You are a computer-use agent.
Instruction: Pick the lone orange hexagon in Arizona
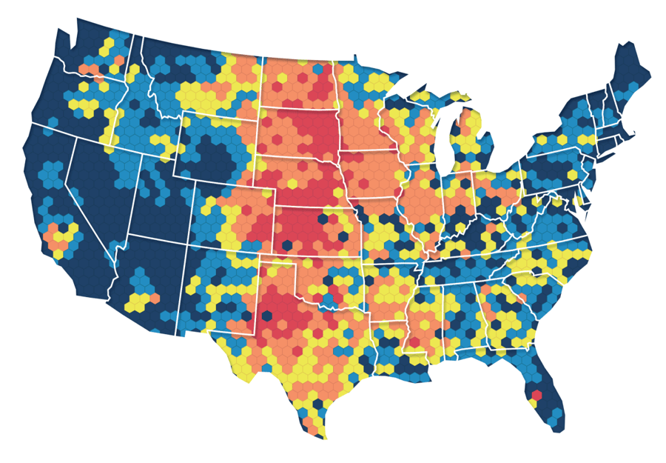(156, 298)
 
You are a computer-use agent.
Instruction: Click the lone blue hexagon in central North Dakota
(317, 69)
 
